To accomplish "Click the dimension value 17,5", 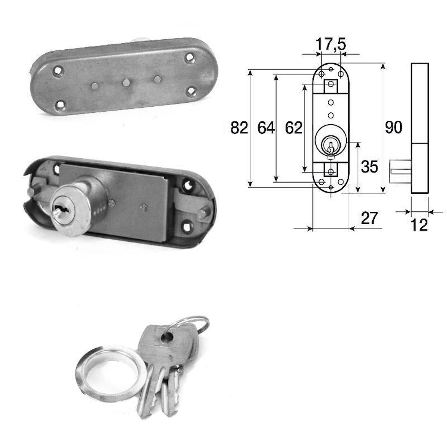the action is point(331,44).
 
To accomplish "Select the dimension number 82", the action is point(239,128).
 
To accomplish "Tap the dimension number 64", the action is point(266,128).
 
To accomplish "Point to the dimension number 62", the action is point(294,128).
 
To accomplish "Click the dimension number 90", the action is point(394,127).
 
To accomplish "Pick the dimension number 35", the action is point(369,167).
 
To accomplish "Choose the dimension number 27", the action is point(369,218).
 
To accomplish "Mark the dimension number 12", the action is point(419,225).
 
